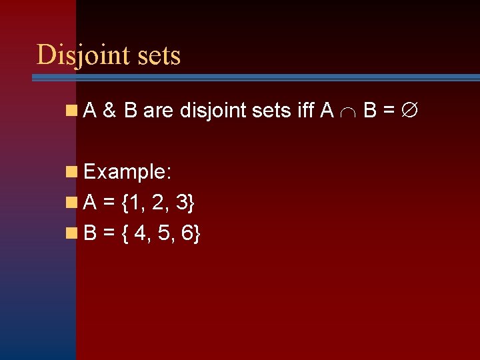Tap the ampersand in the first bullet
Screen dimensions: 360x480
click(111, 111)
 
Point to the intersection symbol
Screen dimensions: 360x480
click(348, 112)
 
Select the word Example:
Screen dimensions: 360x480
click(129, 172)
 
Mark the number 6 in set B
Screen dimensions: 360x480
click(189, 233)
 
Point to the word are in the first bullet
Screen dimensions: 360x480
click(158, 111)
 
